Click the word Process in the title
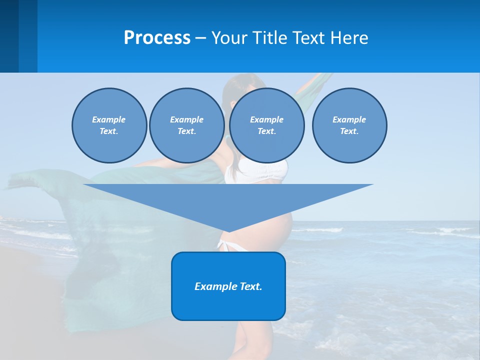(x=157, y=38)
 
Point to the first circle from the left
(x=109, y=125)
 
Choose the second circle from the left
(x=187, y=125)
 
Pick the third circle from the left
(x=266, y=125)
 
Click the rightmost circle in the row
(x=349, y=125)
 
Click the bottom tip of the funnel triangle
(x=228, y=231)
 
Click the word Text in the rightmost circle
(x=349, y=131)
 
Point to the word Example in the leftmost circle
(x=109, y=119)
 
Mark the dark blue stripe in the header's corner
(x=9, y=36)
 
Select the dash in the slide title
(x=201, y=38)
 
